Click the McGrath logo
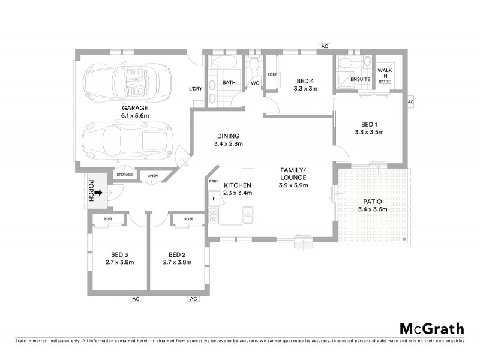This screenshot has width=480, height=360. click(x=432, y=328)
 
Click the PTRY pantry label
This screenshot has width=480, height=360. click(x=213, y=181)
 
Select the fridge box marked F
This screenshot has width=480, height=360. click(x=212, y=198)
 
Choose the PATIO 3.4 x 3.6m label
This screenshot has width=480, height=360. click(x=372, y=205)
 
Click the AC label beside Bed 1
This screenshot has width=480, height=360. click(x=410, y=102)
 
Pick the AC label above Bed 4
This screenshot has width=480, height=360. click(x=325, y=46)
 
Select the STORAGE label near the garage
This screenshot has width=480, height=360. click(x=124, y=175)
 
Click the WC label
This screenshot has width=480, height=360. click(x=254, y=83)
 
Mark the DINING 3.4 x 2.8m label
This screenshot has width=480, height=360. click(x=228, y=140)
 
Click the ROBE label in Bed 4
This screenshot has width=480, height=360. click(x=272, y=74)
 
